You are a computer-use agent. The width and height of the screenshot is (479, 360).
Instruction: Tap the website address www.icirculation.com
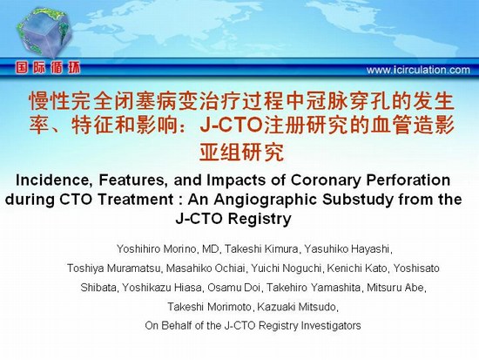click(418, 70)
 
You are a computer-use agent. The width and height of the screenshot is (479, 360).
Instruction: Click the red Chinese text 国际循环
click(48, 68)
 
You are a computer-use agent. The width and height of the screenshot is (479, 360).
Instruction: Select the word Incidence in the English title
click(55, 180)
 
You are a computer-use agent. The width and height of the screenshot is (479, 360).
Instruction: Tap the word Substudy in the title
click(358, 200)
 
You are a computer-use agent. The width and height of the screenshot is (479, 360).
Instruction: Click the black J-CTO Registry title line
click(233, 219)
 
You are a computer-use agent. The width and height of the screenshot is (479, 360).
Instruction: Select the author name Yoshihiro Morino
click(156, 249)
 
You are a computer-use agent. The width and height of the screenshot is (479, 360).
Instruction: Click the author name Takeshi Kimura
click(261, 249)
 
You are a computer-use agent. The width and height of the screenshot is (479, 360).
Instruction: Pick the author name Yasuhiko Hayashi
click(347, 249)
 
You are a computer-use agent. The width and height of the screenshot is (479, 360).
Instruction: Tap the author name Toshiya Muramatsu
click(113, 268)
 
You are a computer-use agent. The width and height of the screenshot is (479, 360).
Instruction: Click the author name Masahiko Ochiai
click(206, 268)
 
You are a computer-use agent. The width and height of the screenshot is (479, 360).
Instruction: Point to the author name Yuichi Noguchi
click(286, 268)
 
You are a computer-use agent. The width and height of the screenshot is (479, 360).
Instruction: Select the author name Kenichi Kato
click(357, 268)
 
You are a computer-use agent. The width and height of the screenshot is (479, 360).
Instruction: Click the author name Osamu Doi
click(233, 288)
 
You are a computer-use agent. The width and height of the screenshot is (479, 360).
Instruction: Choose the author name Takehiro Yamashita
click(314, 288)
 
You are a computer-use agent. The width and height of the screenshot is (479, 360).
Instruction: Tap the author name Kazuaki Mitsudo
click(297, 307)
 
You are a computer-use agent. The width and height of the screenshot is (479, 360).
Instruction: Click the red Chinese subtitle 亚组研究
click(241, 152)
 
